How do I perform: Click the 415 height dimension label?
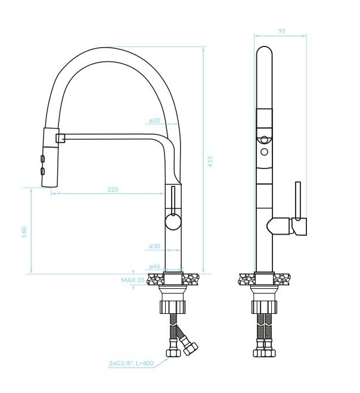click(x=210, y=161)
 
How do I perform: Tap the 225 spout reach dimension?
click(x=113, y=189)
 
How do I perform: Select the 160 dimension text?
click(x=24, y=232)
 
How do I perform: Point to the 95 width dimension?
click(x=282, y=31)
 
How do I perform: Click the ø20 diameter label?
click(x=154, y=120)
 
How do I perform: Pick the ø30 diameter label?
click(x=154, y=246)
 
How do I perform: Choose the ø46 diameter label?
click(x=154, y=266)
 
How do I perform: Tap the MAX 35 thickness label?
click(x=133, y=280)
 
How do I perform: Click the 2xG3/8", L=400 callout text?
click(x=131, y=363)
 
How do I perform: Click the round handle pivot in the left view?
click(x=173, y=222)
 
